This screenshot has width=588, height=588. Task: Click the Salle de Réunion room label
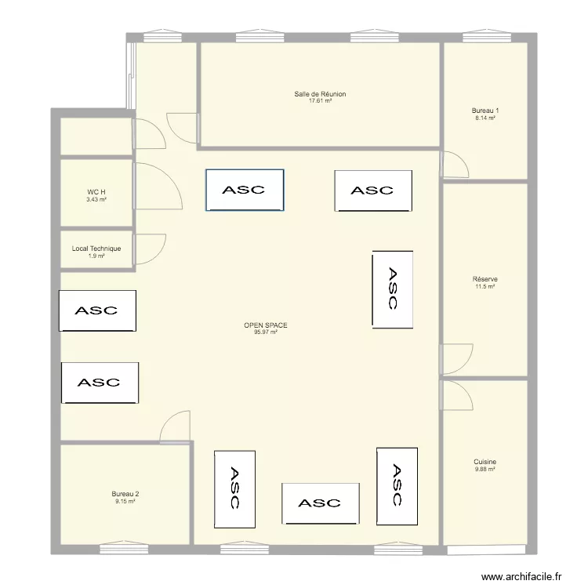click(320, 94)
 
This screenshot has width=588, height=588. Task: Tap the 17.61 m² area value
click(320, 101)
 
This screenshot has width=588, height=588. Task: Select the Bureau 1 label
click(485, 111)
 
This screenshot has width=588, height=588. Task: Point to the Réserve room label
click(485, 279)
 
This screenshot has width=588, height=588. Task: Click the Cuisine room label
click(485, 462)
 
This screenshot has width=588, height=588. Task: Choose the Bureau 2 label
click(125, 493)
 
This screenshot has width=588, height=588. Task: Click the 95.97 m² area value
click(266, 332)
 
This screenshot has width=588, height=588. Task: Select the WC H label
click(96, 192)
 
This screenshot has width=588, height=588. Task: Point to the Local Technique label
click(96, 249)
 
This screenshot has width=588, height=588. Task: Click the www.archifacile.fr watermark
click(522, 575)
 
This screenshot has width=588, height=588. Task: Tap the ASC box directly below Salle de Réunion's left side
click(244, 190)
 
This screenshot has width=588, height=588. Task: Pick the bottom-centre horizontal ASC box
click(321, 503)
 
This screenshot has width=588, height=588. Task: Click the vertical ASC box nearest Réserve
click(393, 289)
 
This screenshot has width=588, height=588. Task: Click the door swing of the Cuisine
click(458, 394)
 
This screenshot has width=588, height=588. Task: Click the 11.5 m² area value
click(485, 286)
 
